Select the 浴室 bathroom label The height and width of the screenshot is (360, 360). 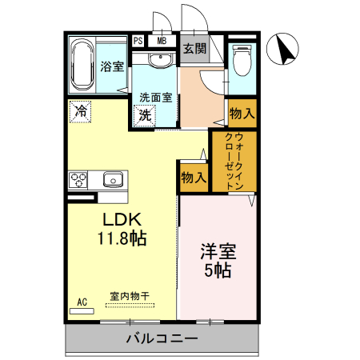[x=112, y=66]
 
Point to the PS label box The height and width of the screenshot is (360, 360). [x=138, y=41]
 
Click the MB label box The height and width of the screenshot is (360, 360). [x=162, y=41]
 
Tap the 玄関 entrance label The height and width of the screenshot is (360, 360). [x=194, y=48]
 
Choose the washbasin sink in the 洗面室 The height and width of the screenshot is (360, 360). [x=161, y=59]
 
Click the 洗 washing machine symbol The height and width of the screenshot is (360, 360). [x=146, y=114]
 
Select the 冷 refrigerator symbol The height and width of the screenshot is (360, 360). [x=80, y=111]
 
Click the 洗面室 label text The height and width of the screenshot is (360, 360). [x=156, y=98]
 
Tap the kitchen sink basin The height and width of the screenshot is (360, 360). [x=111, y=178]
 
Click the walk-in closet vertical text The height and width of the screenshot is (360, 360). [x=234, y=161]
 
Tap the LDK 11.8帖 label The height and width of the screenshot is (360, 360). [x=121, y=228]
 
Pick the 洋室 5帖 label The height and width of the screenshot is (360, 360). [x=218, y=260]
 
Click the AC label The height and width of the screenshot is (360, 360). [x=81, y=302]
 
